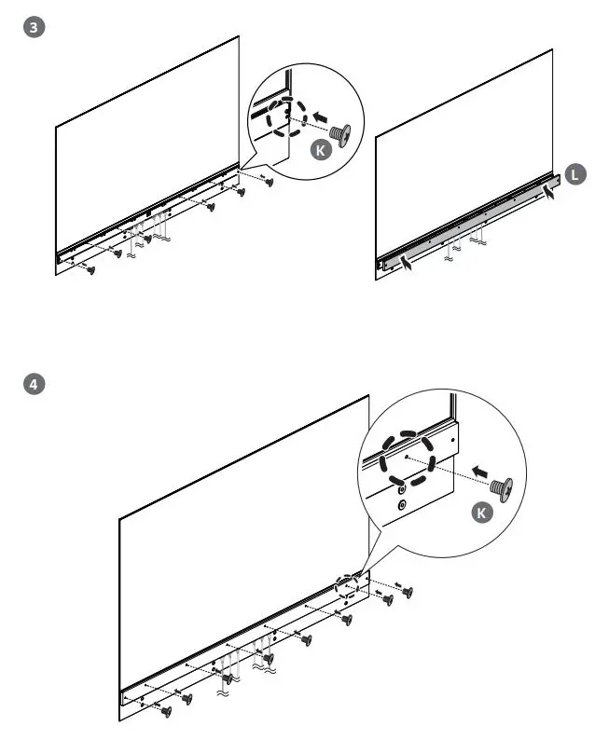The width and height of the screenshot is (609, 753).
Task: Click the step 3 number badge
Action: tap(35, 28)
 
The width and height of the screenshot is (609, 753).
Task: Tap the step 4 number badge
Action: tap(35, 383)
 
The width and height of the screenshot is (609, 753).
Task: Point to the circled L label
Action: tap(575, 172)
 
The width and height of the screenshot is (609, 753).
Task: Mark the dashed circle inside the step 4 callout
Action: tap(408, 457)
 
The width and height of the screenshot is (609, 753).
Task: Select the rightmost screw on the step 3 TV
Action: tap(270, 182)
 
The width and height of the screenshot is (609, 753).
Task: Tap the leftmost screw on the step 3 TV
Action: tap(90, 270)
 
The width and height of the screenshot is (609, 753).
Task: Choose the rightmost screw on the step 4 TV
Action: tap(408, 592)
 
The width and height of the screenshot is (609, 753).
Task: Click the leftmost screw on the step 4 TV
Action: tap(166, 711)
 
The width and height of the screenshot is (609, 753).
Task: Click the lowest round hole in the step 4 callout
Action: tap(401, 505)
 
